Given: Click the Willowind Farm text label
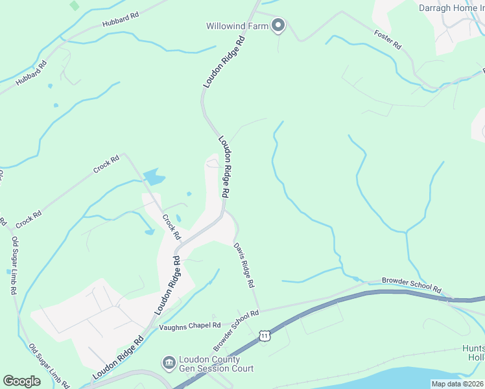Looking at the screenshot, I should click(x=237, y=27).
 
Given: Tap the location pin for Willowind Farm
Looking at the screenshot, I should click(x=278, y=26).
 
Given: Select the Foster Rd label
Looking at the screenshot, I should click(x=388, y=40).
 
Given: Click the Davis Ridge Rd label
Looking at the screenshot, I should click(x=244, y=265).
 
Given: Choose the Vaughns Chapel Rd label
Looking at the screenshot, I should click(x=190, y=326).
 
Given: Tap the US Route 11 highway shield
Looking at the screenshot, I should click(x=264, y=335).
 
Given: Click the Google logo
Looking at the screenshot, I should click(x=22, y=381).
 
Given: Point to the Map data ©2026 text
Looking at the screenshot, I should click(x=457, y=384).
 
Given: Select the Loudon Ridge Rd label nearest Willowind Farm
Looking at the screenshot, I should click(x=224, y=62).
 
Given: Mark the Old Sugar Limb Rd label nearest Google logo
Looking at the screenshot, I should click(x=49, y=366).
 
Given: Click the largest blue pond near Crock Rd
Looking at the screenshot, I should click(x=153, y=176).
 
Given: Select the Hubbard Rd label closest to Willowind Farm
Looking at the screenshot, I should click(x=120, y=19).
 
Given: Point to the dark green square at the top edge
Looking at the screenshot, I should click(x=75, y=5).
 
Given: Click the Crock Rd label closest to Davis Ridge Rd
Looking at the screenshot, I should click(x=171, y=227).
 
